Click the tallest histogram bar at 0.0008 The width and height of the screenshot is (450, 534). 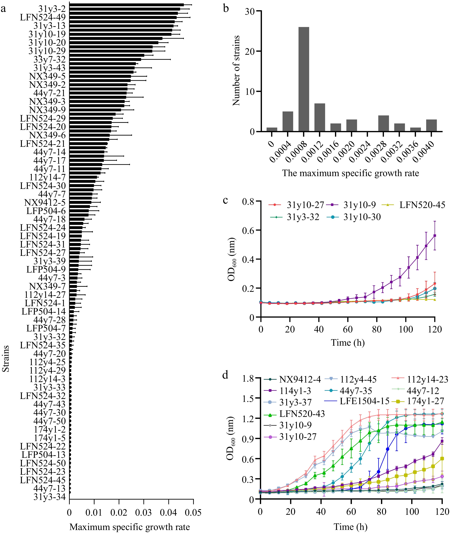click(304, 79)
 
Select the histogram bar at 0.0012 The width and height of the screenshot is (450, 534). click(320, 118)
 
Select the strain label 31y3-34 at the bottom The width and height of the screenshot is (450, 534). click(50, 497)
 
